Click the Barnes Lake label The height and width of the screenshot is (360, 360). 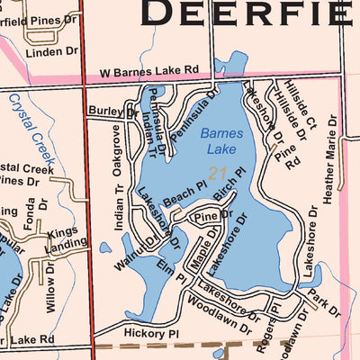pyautogui.click(x=221, y=141)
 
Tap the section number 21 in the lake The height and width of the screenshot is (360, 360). pyautogui.click(x=217, y=173)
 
